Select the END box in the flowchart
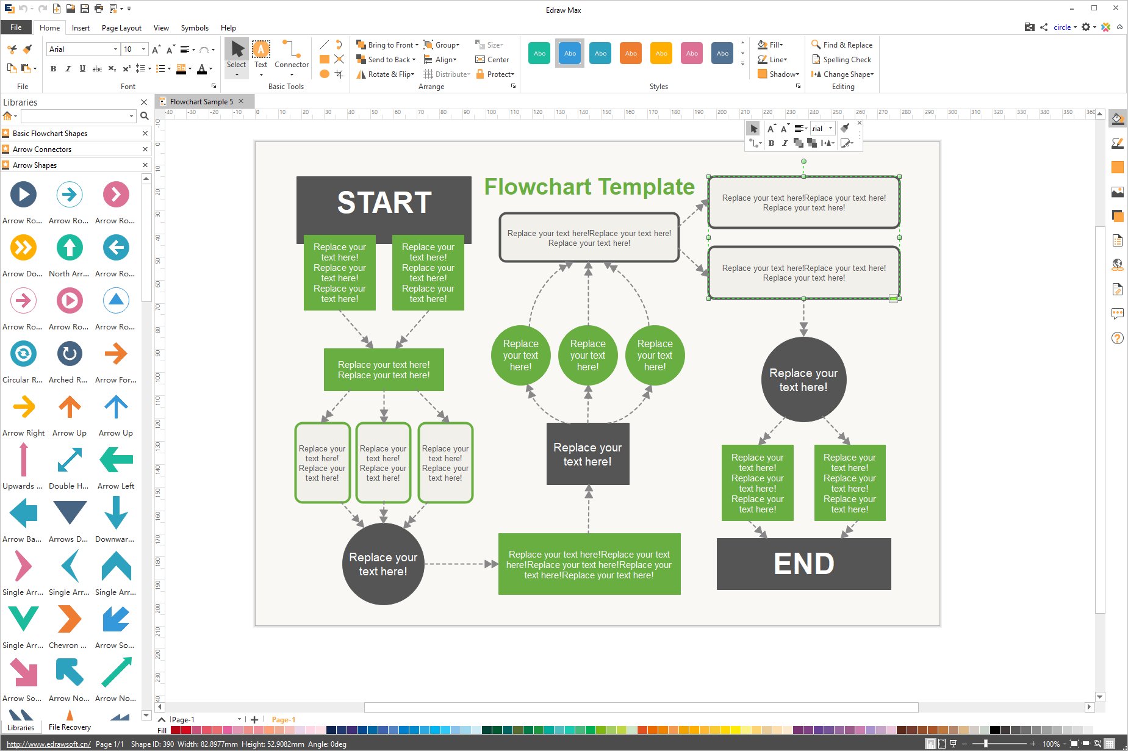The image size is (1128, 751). tap(803, 564)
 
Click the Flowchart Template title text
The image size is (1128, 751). tap(589, 187)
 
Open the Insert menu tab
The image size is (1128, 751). tap(81, 28)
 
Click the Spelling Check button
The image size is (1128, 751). tap(841, 60)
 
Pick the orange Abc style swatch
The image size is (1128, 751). tap(631, 54)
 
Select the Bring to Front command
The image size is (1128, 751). tap(387, 45)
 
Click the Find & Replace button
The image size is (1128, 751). tap(842, 45)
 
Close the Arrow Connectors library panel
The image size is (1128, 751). tap(145, 149)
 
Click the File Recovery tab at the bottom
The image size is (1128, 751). tap(70, 727)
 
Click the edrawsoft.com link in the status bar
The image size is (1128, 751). tap(49, 744)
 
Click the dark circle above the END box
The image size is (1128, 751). tap(803, 379)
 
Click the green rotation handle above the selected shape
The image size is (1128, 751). tap(803, 162)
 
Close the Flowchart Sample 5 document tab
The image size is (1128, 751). tap(242, 101)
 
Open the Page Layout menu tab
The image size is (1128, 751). tap(121, 28)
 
